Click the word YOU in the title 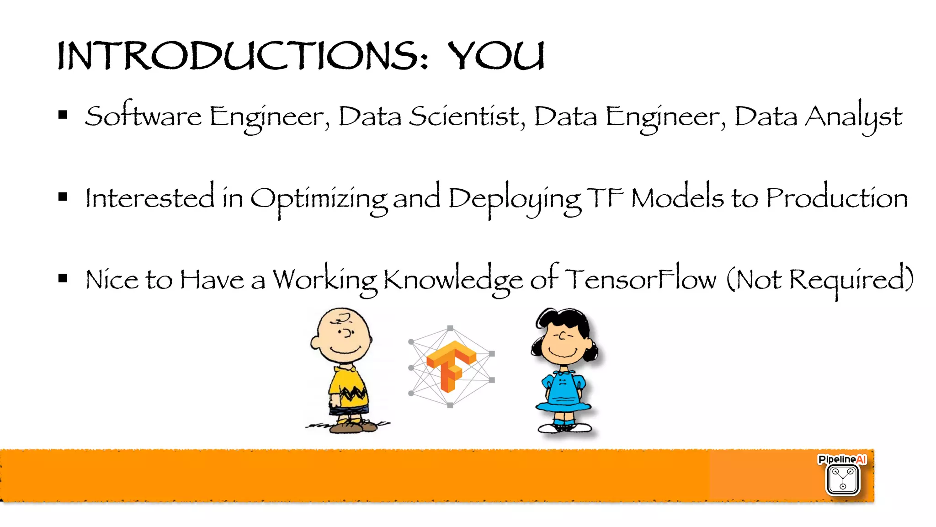coord(496,56)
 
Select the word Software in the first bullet coord(143,116)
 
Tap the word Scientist coord(466,116)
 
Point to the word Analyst coord(853,117)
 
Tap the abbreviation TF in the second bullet coord(605,198)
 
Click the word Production coord(837,198)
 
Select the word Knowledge coord(452,280)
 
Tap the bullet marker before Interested coord(63,197)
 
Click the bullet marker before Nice coord(63,278)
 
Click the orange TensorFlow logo coord(451,366)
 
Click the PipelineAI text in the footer coord(842,459)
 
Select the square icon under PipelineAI coord(843,479)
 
